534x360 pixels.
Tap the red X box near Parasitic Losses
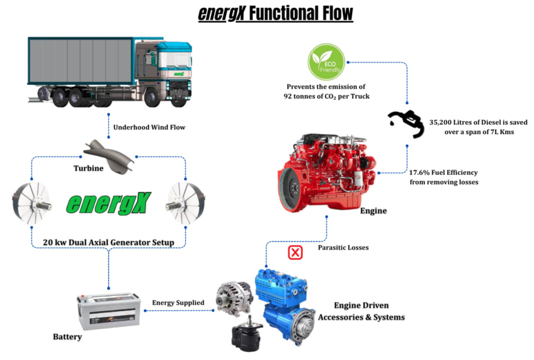pos(295,252)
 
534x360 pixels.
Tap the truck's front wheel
pos(152,98)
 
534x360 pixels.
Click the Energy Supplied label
pos(178,303)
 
